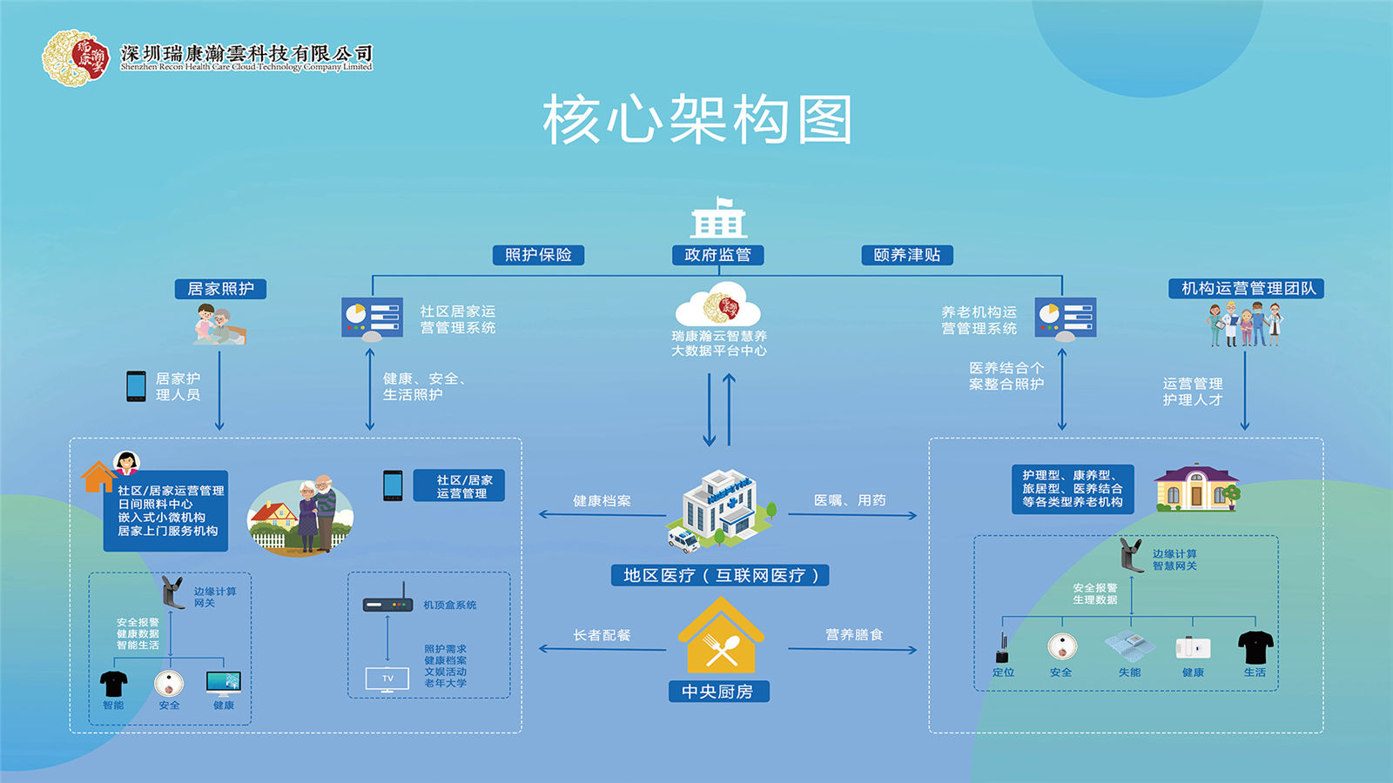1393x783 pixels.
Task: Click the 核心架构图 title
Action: (697, 120)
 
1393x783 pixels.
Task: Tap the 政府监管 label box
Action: (717, 255)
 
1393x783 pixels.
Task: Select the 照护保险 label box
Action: (538, 255)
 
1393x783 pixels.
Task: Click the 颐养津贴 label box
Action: (907, 255)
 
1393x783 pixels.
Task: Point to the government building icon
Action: (718, 218)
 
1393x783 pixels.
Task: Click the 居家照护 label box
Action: (220, 289)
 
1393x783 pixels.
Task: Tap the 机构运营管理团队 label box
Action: (1246, 289)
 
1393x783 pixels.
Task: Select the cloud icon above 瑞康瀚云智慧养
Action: (718, 306)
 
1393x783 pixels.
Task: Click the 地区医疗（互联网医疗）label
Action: (720, 575)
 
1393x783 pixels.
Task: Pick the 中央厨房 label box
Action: (717, 692)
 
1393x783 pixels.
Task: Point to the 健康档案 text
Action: (602, 501)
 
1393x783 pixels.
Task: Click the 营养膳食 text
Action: (853, 635)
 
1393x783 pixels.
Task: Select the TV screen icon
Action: (387, 679)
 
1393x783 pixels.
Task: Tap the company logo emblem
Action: (76, 57)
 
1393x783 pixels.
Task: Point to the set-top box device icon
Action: (387, 603)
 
